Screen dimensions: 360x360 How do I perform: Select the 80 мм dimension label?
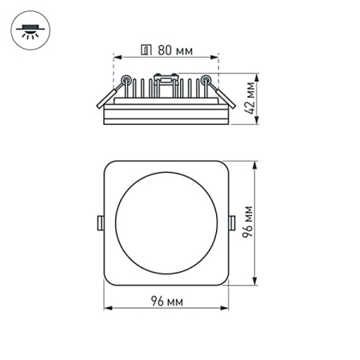point(174,50)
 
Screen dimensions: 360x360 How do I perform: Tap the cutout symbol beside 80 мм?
point(146,50)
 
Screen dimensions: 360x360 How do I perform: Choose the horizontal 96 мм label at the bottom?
point(167,301)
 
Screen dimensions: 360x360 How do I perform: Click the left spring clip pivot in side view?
point(126,80)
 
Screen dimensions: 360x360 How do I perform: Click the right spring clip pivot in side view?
point(206,80)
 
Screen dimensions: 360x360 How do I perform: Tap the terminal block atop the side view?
point(166,78)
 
